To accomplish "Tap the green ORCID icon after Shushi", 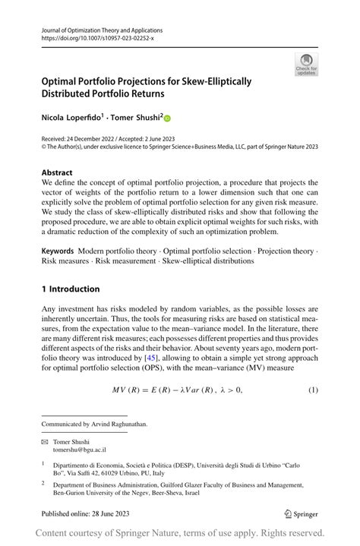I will (168, 118).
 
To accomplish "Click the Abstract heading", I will (58, 172).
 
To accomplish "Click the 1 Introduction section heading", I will (71, 289).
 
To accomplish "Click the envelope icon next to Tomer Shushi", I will (45, 441).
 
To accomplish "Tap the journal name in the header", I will (102, 30).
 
